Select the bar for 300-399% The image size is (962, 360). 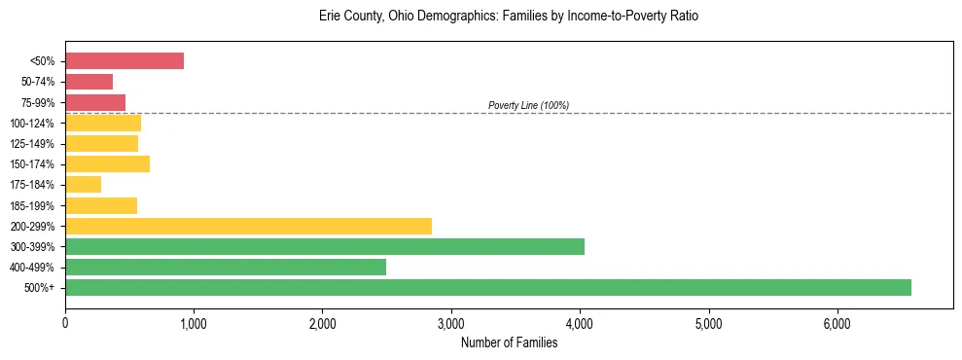325,246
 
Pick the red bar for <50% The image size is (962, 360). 125,60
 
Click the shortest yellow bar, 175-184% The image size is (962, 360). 84,184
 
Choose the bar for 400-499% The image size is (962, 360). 226,267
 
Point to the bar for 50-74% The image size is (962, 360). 89,82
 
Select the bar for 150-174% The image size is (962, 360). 108,163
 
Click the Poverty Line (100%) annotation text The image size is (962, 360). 528,105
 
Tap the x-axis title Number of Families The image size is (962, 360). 509,342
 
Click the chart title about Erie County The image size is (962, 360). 509,17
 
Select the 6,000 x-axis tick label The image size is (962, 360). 837,323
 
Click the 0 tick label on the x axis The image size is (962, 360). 65,323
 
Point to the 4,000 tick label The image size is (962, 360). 580,323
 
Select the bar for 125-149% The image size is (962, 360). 102,143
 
